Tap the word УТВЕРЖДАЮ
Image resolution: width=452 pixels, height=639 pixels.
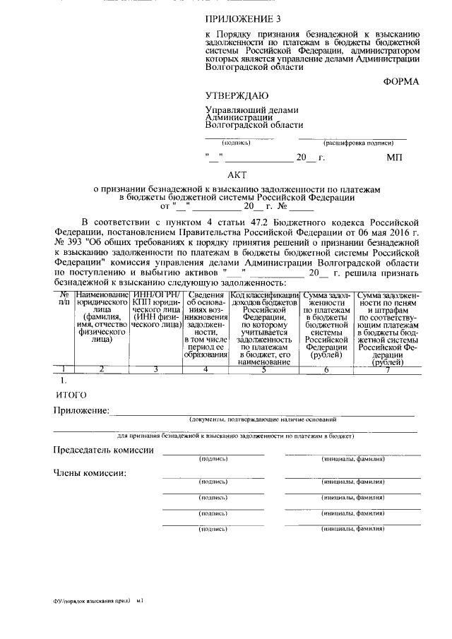[x=237, y=95]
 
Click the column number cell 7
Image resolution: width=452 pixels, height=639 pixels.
[x=388, y=369]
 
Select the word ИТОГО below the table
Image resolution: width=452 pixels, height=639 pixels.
[x=71, y=394]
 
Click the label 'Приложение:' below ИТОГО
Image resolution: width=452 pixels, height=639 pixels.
[x=81, y=410]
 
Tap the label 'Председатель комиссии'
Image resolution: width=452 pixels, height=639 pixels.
[x=103, y=450]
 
